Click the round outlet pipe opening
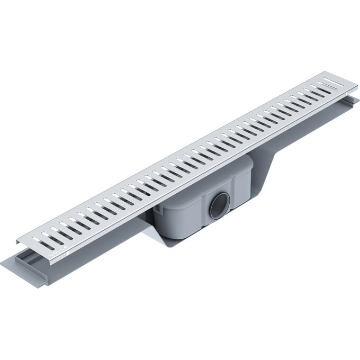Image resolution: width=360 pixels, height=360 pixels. (x=220, y=204)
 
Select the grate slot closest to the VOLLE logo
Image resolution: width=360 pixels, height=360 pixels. (x=44, y=244)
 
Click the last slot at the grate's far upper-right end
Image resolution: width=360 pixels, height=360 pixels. (x=332, y=82)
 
